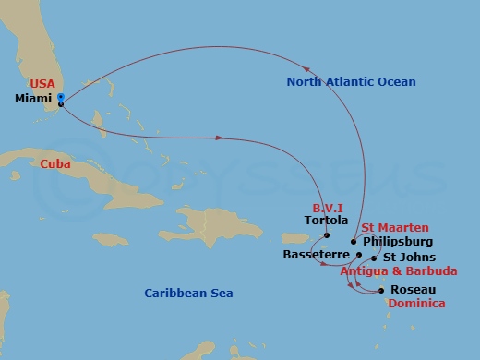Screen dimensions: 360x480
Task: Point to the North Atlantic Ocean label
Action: coord(351,82)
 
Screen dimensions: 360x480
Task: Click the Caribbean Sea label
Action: coord(188,294)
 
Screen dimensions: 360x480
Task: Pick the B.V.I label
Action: coord(330,207)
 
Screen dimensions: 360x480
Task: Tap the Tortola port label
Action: coord(327,221)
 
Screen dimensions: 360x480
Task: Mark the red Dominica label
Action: coord(416,303)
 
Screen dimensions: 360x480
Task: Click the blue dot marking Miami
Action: coord(60,97)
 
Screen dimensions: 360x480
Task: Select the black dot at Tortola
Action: coord(327,235)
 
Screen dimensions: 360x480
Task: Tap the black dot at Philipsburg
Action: coord(354,241)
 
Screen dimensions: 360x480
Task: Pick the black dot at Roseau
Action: coord(382,290)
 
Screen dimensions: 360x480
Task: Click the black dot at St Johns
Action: coord(374,258)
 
